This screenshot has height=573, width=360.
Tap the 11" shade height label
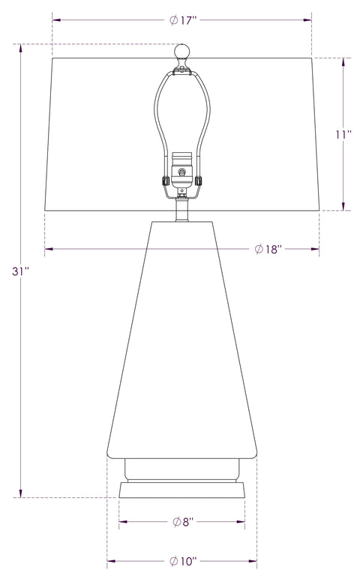pos(343,134)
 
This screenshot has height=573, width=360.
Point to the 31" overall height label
pos(20,271)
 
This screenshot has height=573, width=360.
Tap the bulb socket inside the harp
pos(180,169)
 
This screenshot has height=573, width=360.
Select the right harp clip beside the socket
pos(199,181)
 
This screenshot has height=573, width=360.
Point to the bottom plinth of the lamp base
pos(182,493)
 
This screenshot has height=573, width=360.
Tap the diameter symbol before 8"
pos(175,522)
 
